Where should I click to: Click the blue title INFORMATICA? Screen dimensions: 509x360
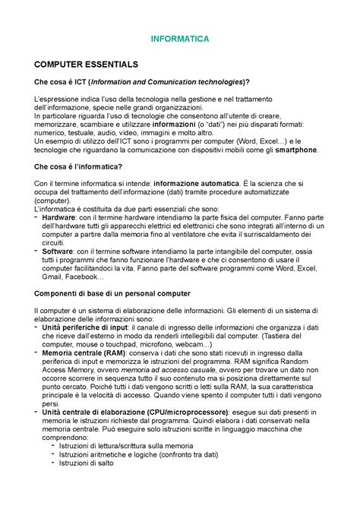point(179,37)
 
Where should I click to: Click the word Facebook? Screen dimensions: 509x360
point(90,276)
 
